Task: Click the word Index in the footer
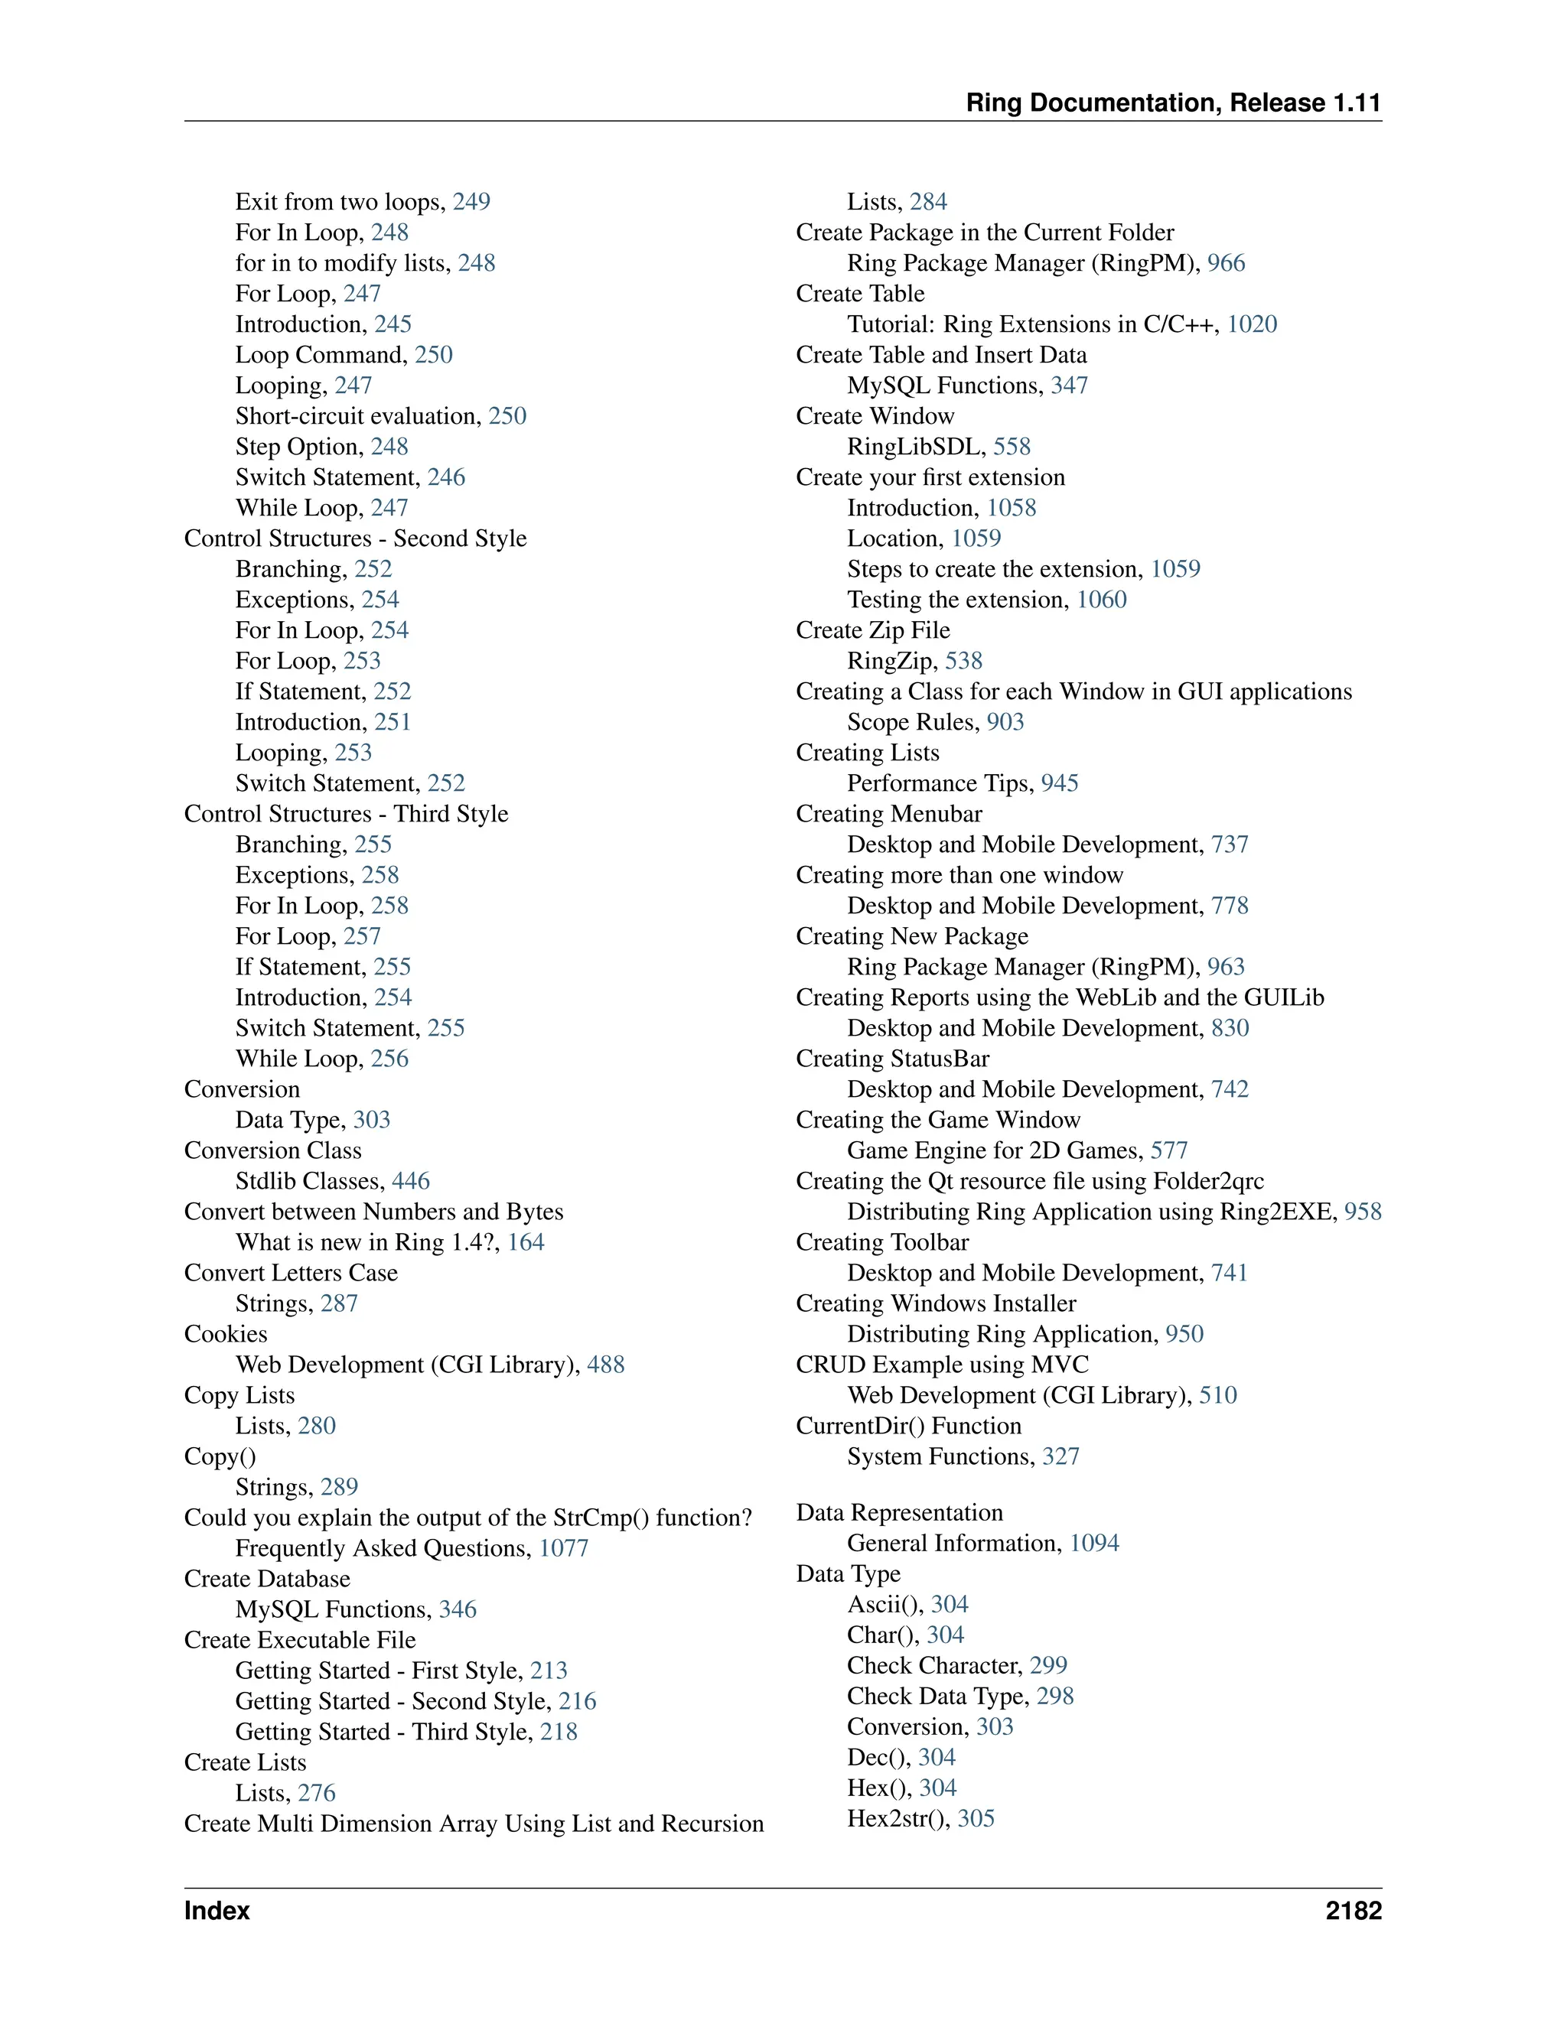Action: pos(217,1910)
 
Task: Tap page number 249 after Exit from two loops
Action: pos(471,201)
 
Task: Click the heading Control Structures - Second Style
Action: pos(356,538)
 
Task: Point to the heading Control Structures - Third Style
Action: pos(347,814)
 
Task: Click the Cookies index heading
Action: pos(226,1334)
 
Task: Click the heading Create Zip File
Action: pos(872,630)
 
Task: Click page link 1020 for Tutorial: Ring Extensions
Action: pos(1253,324)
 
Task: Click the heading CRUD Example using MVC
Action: pos(942,1365)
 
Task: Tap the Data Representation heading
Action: pos(900,1513)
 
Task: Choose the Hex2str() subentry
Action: pos(898,1818)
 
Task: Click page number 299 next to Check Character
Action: pos(1048,1665)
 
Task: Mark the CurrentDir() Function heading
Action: pos(908,1426)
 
